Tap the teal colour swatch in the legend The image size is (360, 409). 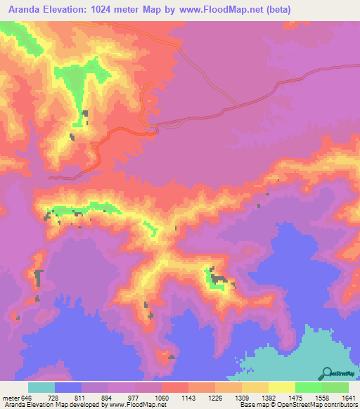click(x=41, y=388)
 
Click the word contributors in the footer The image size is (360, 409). click(x=340, y=404)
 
